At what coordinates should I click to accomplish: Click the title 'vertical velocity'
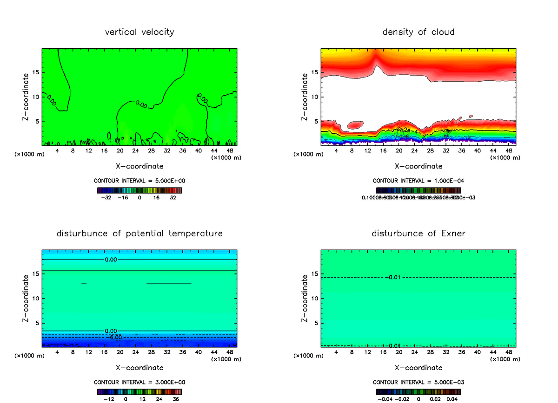tap(139, 32)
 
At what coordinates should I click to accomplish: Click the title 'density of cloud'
tap(418, 32)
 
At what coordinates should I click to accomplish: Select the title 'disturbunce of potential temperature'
tap(139, 233)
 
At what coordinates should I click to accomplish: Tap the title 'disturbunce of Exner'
tap(418, 233)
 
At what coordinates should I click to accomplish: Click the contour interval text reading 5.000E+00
tap(139, 181)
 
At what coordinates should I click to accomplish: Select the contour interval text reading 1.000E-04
tap(418, 181)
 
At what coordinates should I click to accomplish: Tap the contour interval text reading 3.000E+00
tap(139, 382)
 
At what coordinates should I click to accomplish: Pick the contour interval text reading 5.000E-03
tap(418, 382)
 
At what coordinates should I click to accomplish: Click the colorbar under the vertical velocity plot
tap(139, 190)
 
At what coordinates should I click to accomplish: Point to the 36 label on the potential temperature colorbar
tap(176, 398)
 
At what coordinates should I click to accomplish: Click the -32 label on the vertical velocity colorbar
tap(106, 197)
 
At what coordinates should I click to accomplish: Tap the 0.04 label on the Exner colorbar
tap(452, 398)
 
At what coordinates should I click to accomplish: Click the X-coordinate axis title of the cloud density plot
tap(418, 166)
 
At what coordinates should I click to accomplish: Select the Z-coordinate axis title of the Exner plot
tap(305, 298)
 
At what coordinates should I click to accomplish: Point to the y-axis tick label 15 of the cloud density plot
tap(316, 72)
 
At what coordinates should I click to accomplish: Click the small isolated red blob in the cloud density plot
tap(355, 124)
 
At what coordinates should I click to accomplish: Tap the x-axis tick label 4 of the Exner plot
tap(336, 352)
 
